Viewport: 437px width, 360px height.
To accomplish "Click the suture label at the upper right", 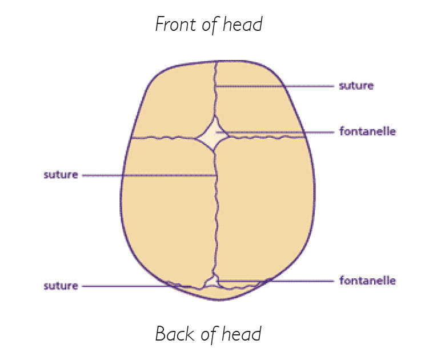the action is click(356, 86).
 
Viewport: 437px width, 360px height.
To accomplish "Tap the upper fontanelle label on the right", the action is click(367, 131).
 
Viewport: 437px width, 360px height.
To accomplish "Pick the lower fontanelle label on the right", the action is click(367, 281).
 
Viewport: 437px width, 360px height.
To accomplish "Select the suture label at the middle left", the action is click(61, 174).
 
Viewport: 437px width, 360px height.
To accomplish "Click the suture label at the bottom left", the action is click(61, 285).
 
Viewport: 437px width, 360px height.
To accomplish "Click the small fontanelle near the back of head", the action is click(212, 281).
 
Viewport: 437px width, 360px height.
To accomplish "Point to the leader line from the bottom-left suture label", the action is click(131, 286).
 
